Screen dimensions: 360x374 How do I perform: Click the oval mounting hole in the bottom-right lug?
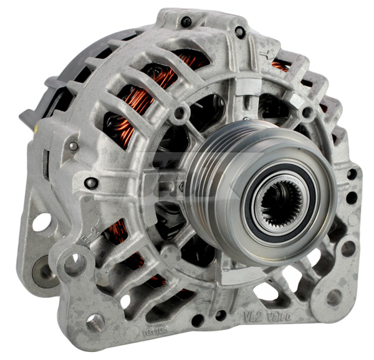click(x=334, y=298)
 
